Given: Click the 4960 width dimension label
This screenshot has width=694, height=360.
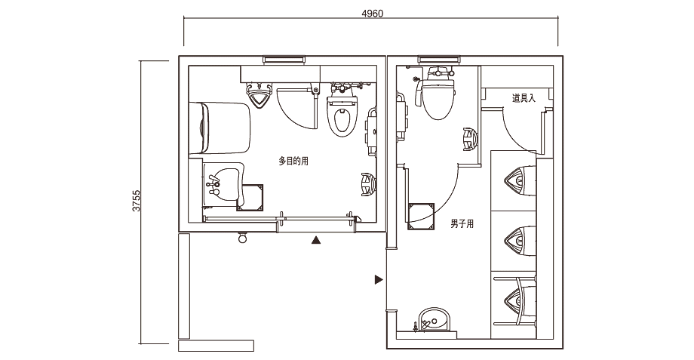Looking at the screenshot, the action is pyautogui.click(x=372, y=14).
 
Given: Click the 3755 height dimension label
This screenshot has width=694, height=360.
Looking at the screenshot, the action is pyautogui.click(x=137, y=201).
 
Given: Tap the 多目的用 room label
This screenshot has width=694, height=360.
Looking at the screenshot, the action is pyautogui.click(x=293, y=162).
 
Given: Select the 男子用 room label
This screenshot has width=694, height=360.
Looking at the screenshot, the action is pyautogui.click(x=462, y=224).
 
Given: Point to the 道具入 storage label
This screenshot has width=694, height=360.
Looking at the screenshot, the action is pyautogui.click(x=524, y=98).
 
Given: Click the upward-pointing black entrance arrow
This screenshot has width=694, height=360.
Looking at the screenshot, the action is pyautogui.click(x=315, y=241).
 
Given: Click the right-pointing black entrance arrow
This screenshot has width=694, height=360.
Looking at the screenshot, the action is pyautogui.click(x=379, y=279).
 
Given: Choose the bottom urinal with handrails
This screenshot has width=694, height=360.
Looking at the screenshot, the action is pyautogui.click(x=520, y=300).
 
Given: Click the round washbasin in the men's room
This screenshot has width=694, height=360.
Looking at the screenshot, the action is pyautogui.click(x=435, y=320).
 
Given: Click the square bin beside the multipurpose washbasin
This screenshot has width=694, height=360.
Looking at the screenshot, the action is pyautogui.click(x=250, y=198).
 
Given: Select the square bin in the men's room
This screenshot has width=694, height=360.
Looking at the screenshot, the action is pyautogui.click(x=421, y=217).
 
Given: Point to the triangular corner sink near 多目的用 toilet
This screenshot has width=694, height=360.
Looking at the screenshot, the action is pyautogui.click(x=259, y=95).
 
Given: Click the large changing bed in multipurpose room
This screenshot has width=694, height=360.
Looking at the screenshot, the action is pyautogui.click(x=220, y=128).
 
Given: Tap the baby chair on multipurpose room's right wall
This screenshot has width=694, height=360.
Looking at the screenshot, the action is pyautogui.click(x=368, y=185).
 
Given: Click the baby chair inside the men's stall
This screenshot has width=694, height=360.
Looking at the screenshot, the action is pyautogui.click(x=470, y=139).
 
